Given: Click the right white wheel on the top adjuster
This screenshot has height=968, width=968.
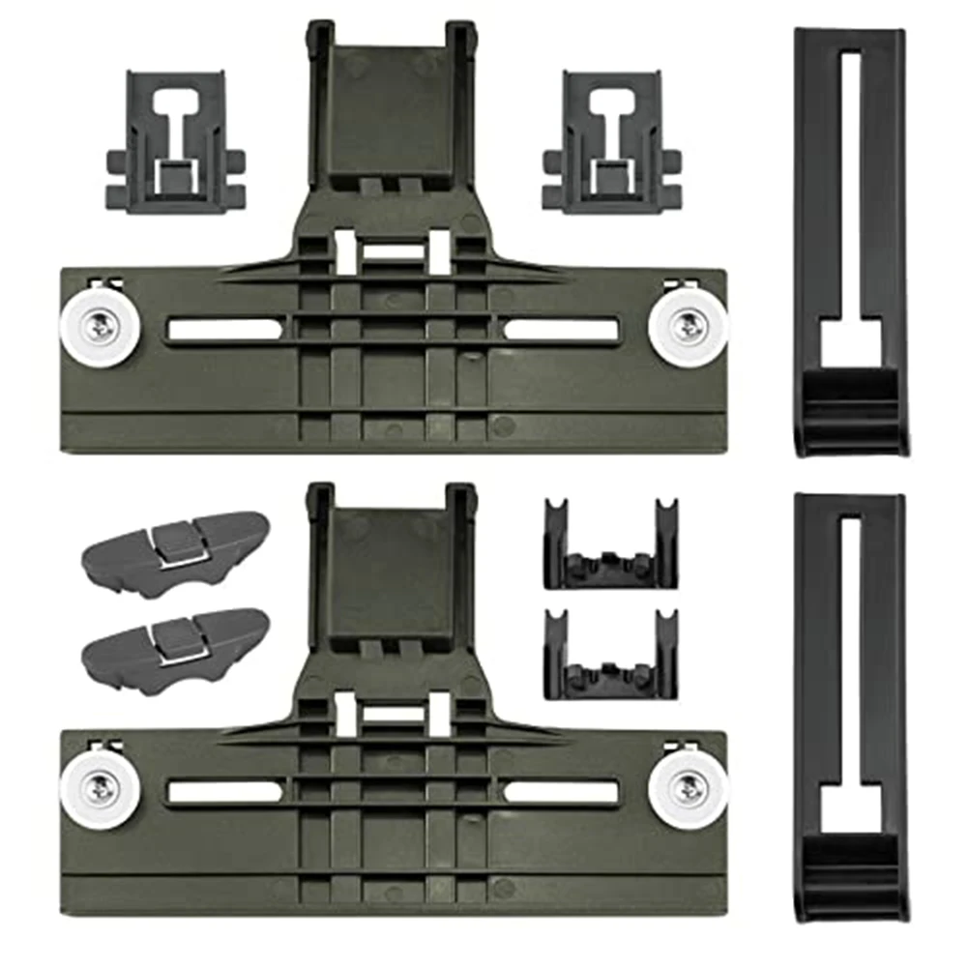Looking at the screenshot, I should (688, 329).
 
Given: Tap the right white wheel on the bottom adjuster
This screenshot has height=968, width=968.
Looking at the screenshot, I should (688, 789).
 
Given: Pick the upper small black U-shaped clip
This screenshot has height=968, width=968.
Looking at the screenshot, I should (611, 545).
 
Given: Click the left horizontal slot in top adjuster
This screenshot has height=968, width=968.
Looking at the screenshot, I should (224, 330).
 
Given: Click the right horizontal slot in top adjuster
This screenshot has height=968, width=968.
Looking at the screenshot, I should (561, 330).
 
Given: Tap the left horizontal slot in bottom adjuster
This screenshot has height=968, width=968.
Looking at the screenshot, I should (224, 790).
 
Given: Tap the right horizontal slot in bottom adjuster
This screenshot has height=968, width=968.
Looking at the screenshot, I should (561, 790).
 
